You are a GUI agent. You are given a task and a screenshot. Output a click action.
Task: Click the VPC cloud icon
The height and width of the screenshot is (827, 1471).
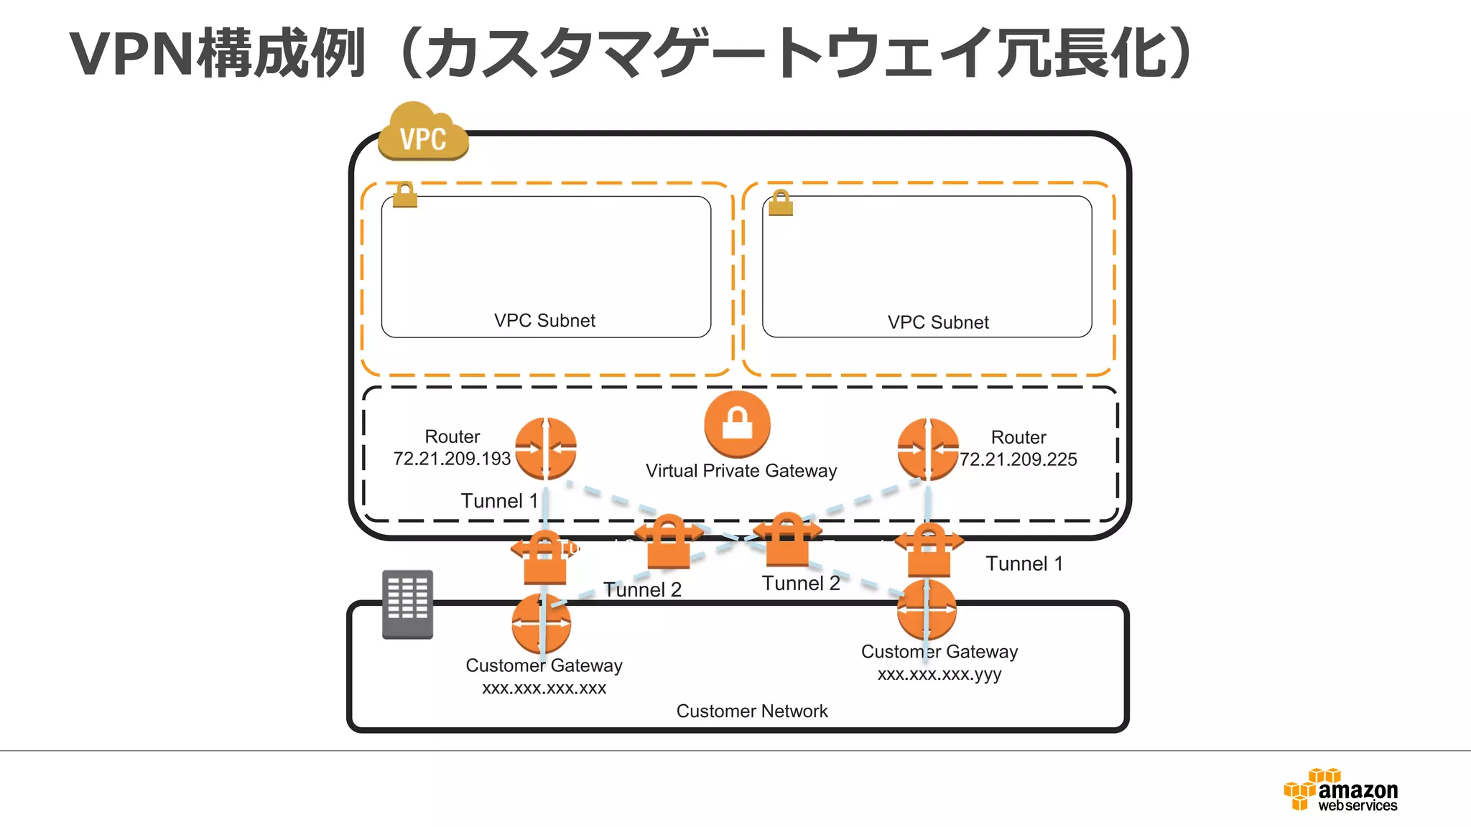(423, 133)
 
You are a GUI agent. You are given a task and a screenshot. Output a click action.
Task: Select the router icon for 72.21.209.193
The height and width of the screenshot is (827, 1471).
(546, 449)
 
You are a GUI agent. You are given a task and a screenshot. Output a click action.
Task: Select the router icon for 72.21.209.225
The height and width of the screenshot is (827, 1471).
(928, 449)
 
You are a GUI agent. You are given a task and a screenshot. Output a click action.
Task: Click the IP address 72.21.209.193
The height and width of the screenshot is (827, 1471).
(452, 459)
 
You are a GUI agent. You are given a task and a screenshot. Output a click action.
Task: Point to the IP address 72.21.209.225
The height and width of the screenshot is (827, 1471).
(1018, 459)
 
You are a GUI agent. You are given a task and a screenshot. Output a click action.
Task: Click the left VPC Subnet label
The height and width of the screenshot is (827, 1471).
(544, 321)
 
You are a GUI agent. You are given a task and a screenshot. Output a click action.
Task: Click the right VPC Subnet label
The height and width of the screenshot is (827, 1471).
(938, 322)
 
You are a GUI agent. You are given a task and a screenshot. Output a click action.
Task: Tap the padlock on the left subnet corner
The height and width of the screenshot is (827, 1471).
(405, 195)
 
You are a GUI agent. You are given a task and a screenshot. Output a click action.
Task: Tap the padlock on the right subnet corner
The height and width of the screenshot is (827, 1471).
(781, 203)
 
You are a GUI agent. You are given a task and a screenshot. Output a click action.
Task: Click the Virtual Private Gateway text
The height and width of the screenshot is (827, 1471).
(741, 471)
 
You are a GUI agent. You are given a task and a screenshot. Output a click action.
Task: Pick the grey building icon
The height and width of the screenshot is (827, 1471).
(407, 604)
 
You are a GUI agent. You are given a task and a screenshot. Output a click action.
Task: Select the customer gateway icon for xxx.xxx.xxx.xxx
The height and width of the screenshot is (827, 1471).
(542, 623)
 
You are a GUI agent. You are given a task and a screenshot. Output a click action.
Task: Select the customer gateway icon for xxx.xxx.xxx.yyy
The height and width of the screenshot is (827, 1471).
(927, 610)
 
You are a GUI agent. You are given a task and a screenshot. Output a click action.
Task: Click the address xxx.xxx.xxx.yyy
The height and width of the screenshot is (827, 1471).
(939, 674)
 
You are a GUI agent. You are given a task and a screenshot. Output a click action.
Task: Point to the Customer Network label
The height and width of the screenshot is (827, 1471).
(752, 711)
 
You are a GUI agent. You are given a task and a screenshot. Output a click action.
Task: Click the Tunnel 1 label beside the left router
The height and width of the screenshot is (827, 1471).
(499, 500)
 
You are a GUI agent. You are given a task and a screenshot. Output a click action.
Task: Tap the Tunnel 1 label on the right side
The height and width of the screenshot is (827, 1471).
(1024, 564)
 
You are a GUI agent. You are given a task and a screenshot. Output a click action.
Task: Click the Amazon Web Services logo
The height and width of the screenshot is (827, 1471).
(1341, 790)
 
